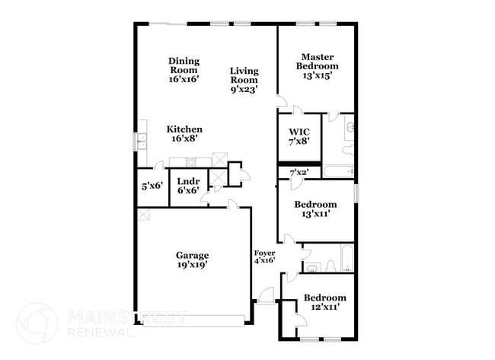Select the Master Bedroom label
[x=318, y=65]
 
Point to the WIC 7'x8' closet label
[x=299, y=136]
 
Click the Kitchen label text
[x=184, y=134]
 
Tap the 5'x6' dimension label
[x=152, y=186]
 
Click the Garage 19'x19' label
[x=192, y=260]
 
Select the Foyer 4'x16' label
[x=264, y=256]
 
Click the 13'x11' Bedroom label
[x=316, y=209]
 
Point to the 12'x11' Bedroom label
[x=324, y=302]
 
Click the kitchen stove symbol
[x=190, y=161]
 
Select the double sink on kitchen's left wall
[x=141, y=140]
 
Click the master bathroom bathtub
[x=338, y=171]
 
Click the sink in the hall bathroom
[x=313, y=267]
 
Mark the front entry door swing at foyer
[x=267, y=296]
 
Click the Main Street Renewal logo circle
[x=37, y=322]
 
